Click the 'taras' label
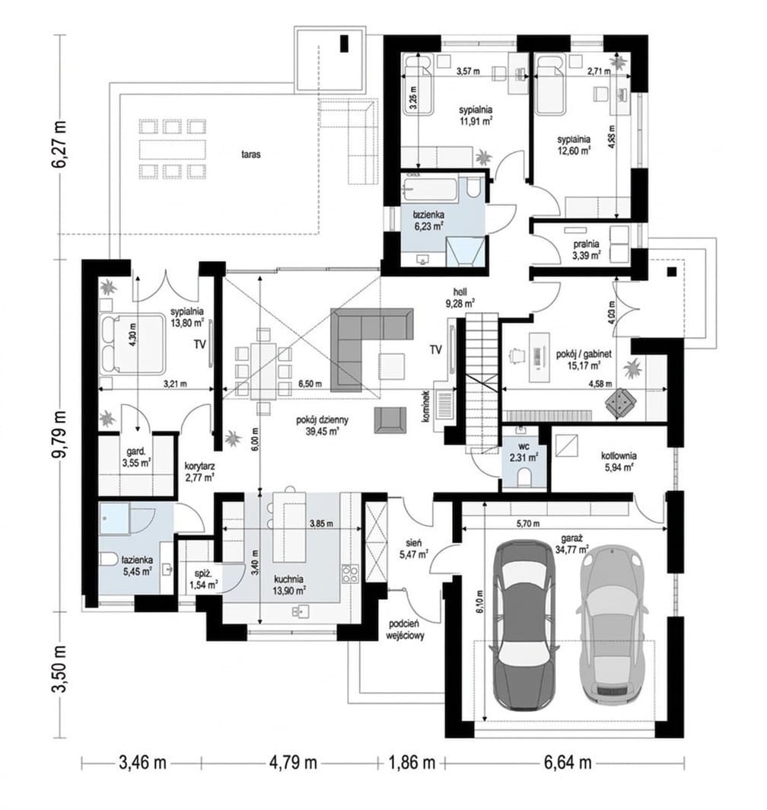[250, 154]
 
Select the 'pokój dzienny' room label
[315, 420]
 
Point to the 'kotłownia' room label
[619, 455]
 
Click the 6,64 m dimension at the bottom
[567, 762]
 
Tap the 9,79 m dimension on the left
[61, 433]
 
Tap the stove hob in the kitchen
[349, 573]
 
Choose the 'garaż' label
[577, 547]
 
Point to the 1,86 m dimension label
[410, 762]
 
